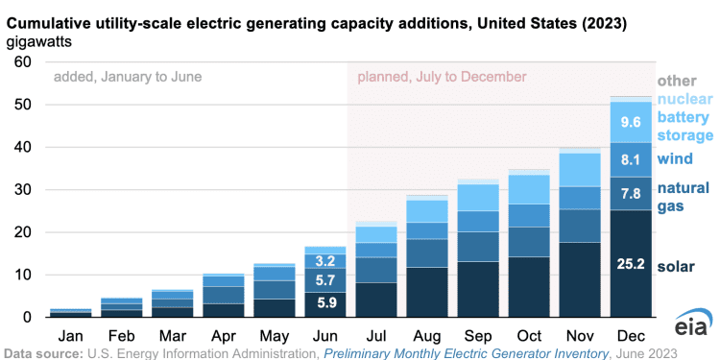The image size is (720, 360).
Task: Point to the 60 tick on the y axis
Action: pyautogui.click(x=20, y=62)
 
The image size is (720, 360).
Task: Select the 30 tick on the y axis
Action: pyautogui.click(x=20, y=190)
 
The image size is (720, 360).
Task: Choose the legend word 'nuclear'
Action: pyautogui.click(x=683, y=98)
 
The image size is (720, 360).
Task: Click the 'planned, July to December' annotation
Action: pyautogui.click(x=442, y=76)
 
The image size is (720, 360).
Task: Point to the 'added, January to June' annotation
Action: pyautogui.click(x=128, y=76)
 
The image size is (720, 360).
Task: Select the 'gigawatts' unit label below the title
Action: pyautogui.click(x=43, y=42)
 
